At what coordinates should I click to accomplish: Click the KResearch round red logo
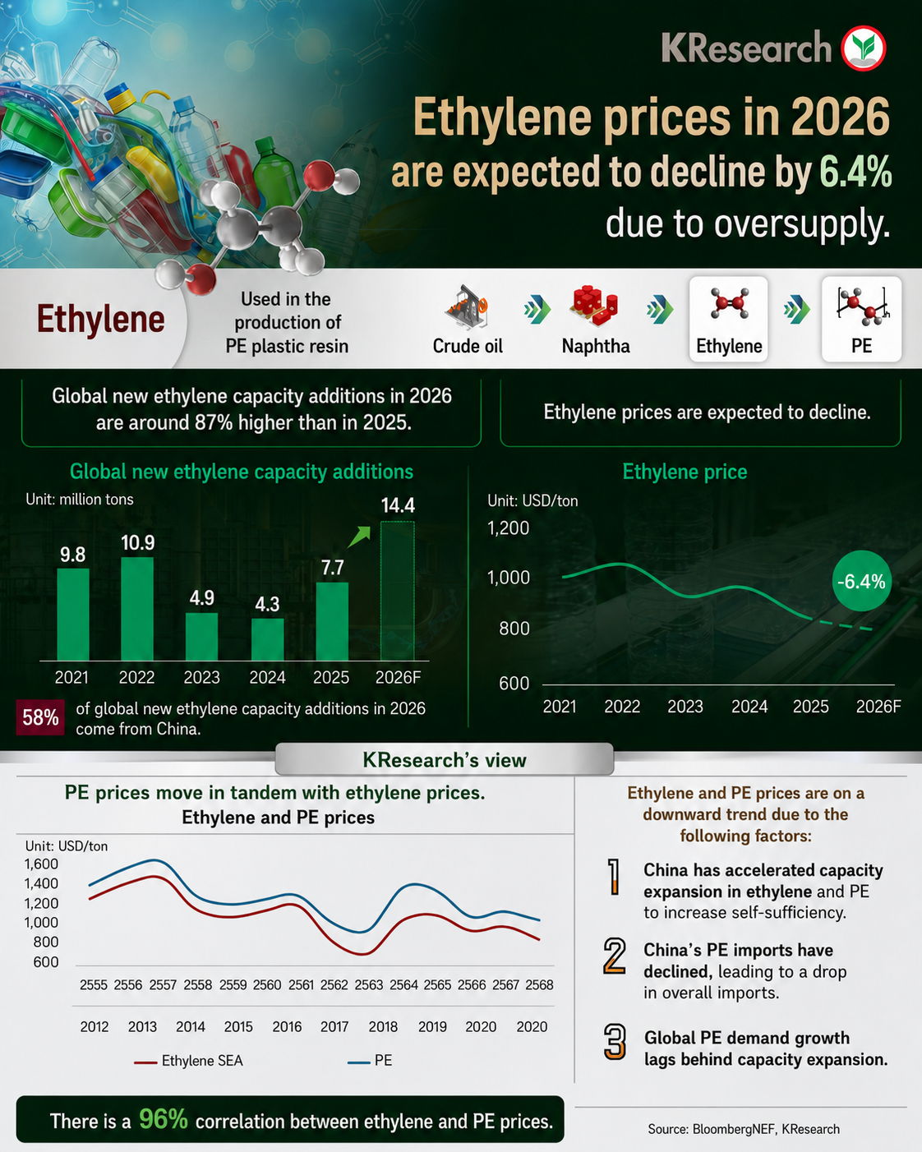pyautogui.click(x=863, y=48)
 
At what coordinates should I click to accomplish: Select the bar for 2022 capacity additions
pyautogui.click(x=137, y=609)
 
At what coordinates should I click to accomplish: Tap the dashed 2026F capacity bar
pyautogui.click(x=397, y=591)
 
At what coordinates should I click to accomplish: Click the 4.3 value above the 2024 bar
pyautogui.click(x=267, y=605)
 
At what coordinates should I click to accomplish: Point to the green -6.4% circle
pyautogui.click(x=861, y=581)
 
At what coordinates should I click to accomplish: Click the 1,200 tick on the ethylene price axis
pyautogui.click(x=508, y=528)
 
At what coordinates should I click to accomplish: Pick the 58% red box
pyautogui.click(x=40, y=717)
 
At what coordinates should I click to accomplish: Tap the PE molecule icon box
pyautogui.click(x=861, y=319)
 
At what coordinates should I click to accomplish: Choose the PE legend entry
pyautogui.click(x=370, y=1061)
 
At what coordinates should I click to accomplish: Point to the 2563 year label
pyautogui.click(x=369, y=985)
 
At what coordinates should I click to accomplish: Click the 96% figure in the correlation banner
pyautogui.click(x=164, y=1119)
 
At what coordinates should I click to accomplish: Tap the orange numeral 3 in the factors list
pyautogui.click(x=615, y=1042)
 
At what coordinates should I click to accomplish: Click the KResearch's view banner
pyautogui.click(x=445, y=759)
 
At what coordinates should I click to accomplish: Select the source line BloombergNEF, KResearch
pyautogui.click(x=744, y=1129)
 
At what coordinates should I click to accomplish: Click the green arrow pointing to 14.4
pyautogui.click(x=359, y=537)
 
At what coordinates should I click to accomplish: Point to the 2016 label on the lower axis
pyautogui.click(x=287, y=1027)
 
